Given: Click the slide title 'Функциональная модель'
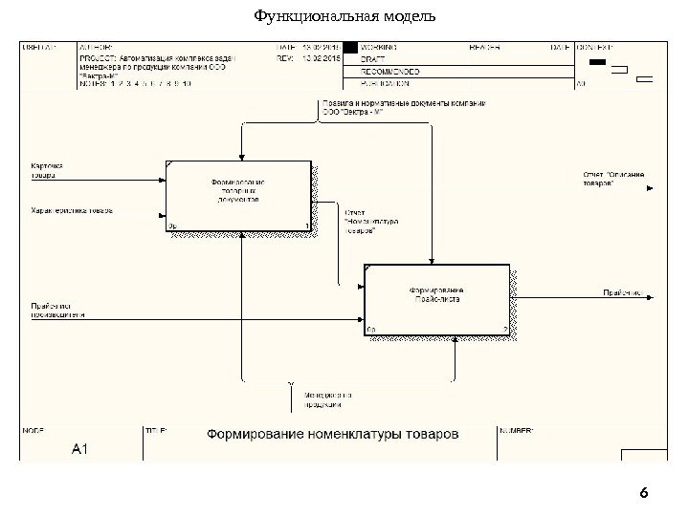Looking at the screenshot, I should click(344, 16).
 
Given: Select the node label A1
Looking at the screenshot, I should click(80, 448).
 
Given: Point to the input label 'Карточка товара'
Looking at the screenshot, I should click(42, 170).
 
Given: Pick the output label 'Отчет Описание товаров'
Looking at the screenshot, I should click(612, 179).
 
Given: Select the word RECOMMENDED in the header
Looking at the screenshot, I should click(391, 71).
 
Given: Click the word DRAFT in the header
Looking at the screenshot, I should click(375, 58).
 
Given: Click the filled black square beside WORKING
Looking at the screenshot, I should click(350, 46).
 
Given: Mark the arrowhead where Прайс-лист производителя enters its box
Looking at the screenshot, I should click(361, 318).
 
